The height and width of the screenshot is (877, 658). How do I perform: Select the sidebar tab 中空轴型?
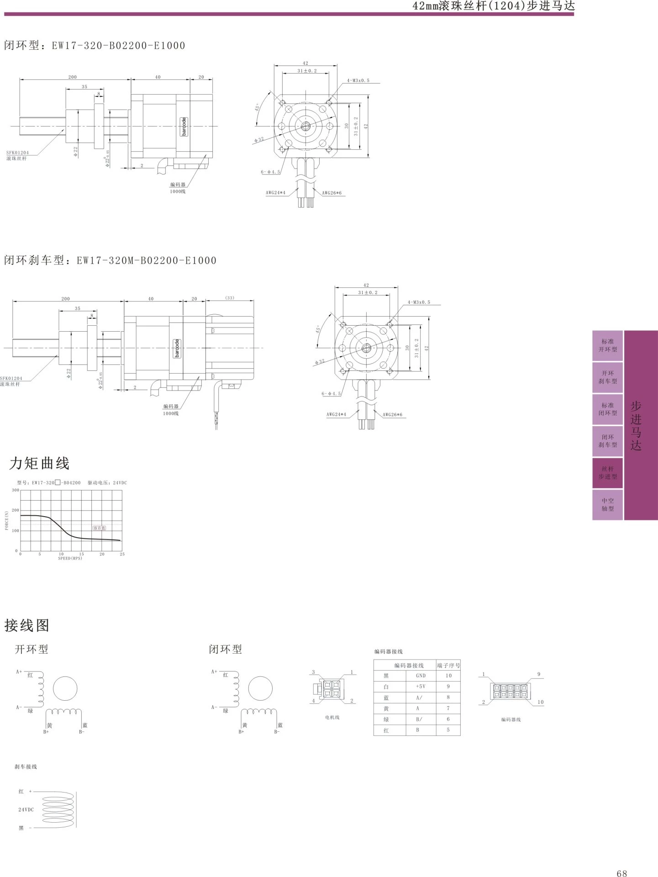[607, 504]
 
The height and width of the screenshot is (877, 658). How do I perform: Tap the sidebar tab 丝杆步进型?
[607, 472]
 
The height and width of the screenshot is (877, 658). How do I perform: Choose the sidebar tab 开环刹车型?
[607, 377]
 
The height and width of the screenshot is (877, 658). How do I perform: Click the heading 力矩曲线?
[39, 463]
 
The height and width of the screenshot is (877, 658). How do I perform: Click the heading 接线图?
[26, 625]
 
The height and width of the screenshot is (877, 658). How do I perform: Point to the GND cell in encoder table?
[421, 675]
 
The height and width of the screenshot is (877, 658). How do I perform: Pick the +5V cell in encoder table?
[421, 686]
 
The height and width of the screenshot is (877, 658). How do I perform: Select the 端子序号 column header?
[448, 665]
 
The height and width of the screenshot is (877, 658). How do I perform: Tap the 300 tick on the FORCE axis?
[16, 490]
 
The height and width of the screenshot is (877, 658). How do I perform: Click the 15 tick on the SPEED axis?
[82, 554]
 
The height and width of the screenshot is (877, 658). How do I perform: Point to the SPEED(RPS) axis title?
[70, 558]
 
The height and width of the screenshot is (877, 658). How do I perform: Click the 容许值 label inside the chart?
[99, 528]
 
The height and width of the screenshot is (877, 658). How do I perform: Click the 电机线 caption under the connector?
[332, 717]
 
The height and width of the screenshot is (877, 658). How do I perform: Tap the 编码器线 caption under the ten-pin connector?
[511, 719]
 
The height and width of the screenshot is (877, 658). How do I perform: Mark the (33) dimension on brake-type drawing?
[229, 298]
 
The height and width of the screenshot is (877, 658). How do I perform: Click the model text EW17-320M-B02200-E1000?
[146, 260]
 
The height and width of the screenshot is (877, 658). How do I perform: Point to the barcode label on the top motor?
[184, 127]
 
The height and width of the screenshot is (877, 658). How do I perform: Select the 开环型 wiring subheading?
[31, 649]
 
